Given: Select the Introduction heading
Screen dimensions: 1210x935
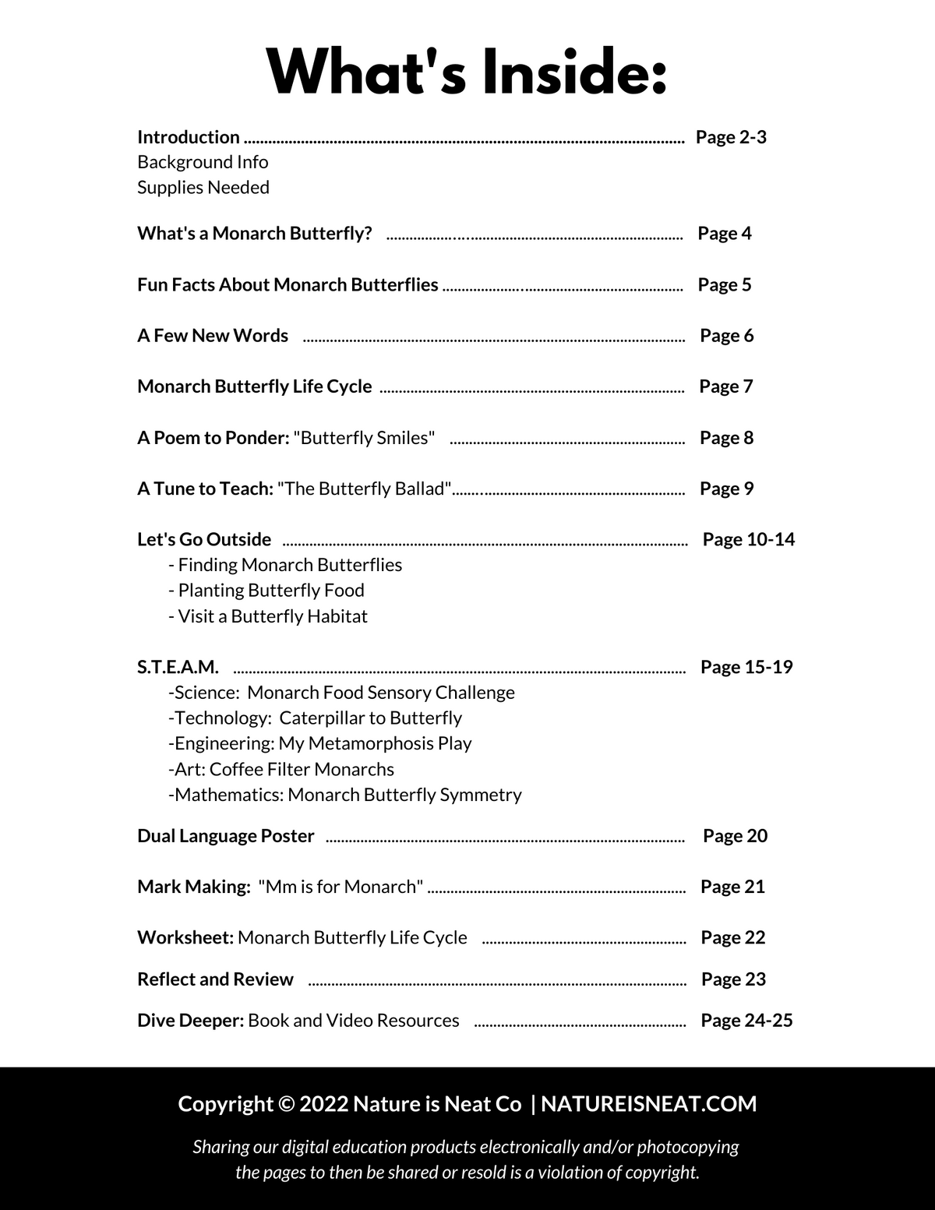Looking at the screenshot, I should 189,137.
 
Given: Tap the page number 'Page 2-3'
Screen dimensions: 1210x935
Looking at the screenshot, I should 731,137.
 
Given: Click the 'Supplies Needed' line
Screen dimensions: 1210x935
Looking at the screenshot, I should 203,188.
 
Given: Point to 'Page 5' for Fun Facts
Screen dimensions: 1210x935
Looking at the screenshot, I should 725,284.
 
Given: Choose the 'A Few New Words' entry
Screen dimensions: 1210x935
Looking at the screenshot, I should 213,336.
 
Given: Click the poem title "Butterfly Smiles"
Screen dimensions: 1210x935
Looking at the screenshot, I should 364,438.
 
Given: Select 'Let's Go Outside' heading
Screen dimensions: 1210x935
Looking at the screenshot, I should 204,539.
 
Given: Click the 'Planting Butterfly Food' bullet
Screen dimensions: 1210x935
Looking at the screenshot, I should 270,591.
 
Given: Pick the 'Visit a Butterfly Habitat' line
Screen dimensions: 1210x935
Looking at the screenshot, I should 271,616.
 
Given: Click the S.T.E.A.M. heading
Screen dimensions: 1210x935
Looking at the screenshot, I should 178,667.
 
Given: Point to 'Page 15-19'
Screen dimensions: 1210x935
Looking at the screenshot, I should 746,667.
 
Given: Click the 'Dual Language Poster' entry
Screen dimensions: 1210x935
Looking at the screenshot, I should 226,836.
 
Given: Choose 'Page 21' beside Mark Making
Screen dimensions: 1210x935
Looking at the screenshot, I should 732,887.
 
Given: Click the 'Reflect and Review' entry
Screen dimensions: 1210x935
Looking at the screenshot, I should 215,979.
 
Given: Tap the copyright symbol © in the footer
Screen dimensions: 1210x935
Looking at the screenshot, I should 286,1104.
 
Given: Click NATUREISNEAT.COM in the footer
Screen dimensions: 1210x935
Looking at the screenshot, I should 648,1104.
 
